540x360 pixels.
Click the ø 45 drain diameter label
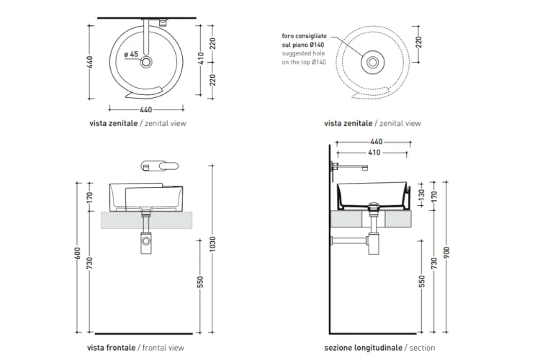131,55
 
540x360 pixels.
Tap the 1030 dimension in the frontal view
212,244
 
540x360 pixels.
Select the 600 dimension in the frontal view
78,253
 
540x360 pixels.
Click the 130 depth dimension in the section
421,195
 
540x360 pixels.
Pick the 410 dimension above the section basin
374,152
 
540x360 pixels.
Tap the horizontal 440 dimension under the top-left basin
145,109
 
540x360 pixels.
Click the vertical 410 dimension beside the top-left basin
201,58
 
